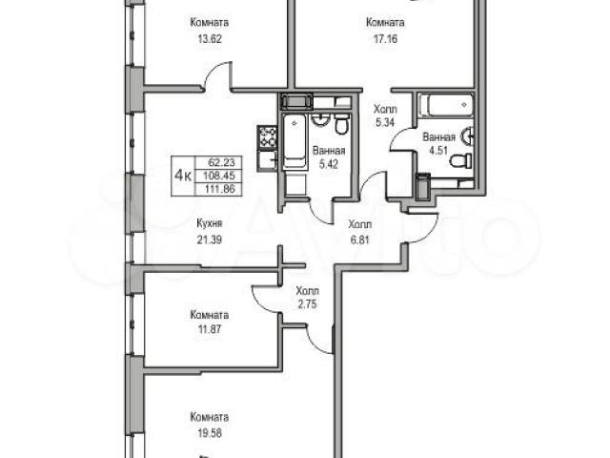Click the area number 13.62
[x=210, y=39]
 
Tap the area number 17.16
[x=385, y=39]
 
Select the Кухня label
[x=210, y=223]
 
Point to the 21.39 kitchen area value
[x=210, y=239]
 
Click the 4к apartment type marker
[x=182, y=176]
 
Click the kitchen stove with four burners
[x=267, y=136]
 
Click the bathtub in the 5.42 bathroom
[x=295, y=142]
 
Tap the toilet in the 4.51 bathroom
[x=461, y=160]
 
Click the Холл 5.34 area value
[x=385, y=122]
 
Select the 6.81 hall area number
[x=360, y=239]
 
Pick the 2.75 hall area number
[x=307, y=303]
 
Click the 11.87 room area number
[x=210, y=329]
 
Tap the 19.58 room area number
[x=210, y=432]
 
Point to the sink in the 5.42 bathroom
[x=321, y=120]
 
